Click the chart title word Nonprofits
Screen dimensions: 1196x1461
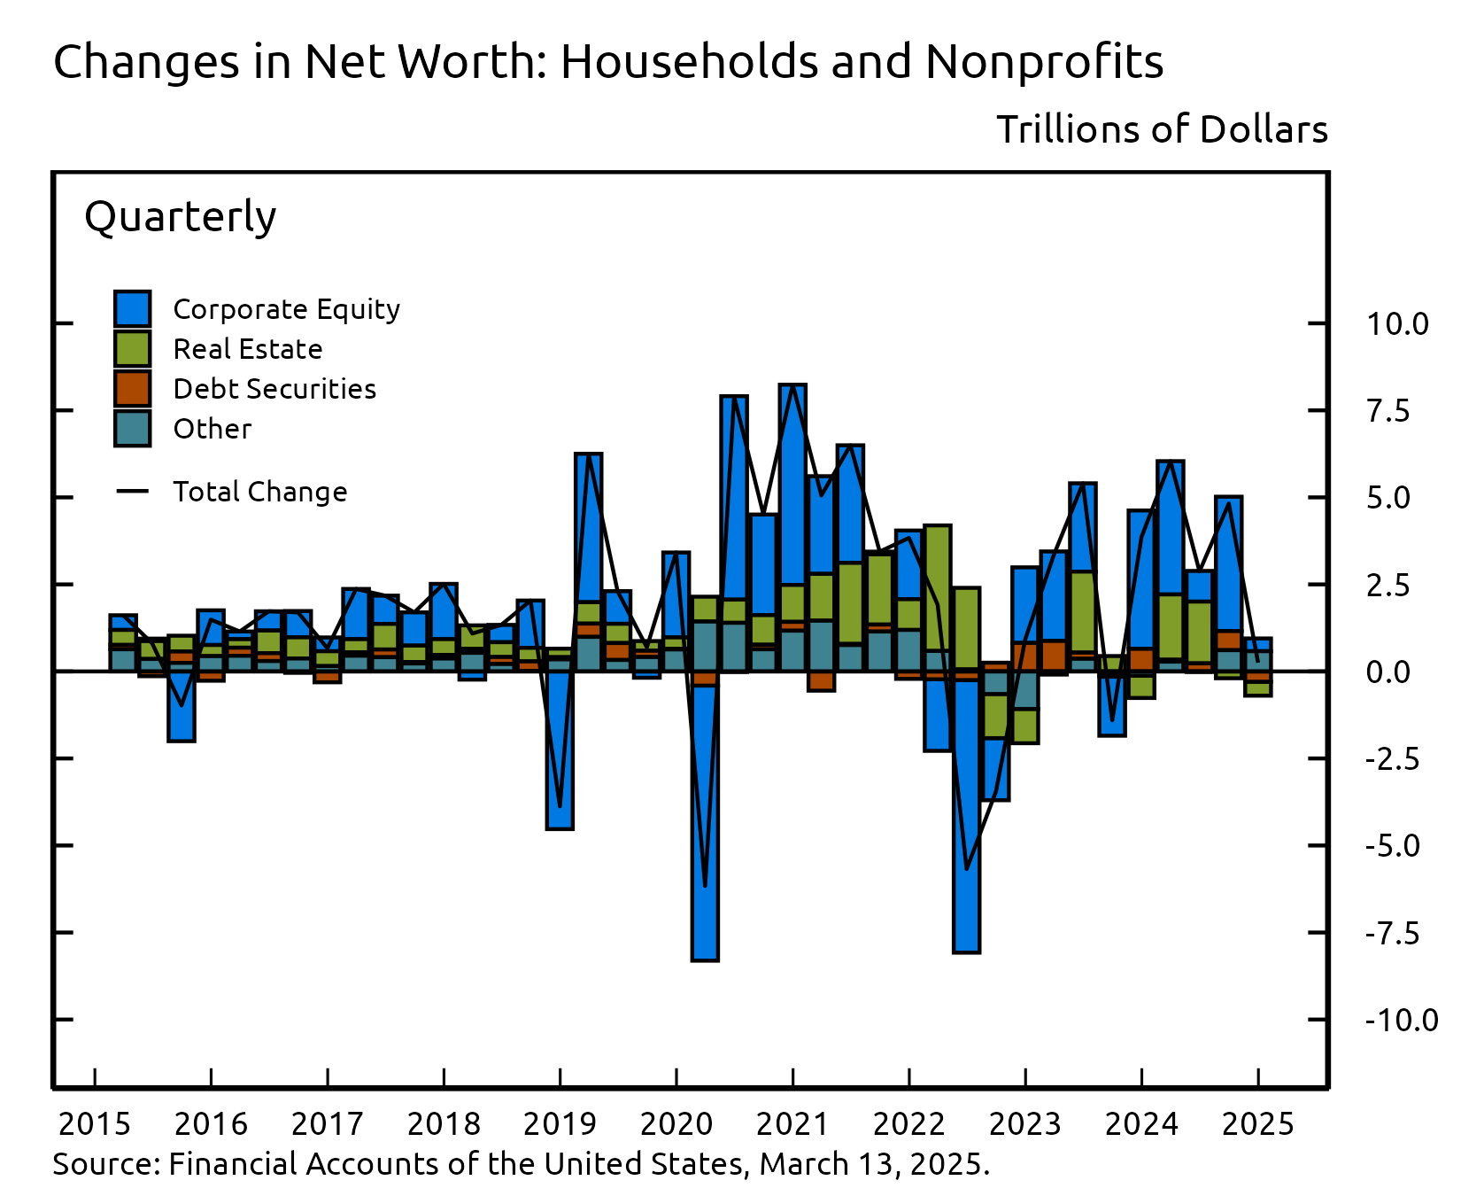1044,62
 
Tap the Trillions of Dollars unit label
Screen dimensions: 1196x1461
1162,129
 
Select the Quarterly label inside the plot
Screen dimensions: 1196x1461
180,217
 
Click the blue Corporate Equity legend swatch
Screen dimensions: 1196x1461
132,309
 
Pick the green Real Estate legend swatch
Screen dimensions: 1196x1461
132,349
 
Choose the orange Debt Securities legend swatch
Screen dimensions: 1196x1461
132,389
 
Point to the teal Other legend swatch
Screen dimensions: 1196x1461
132,429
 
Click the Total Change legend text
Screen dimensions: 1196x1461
259,492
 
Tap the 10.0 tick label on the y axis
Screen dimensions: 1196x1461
1396,324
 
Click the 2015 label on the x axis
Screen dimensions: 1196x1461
94,1124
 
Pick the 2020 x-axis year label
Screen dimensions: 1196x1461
676,1124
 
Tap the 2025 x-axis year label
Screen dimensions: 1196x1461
1257,1124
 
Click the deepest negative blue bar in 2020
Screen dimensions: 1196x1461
705,824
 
